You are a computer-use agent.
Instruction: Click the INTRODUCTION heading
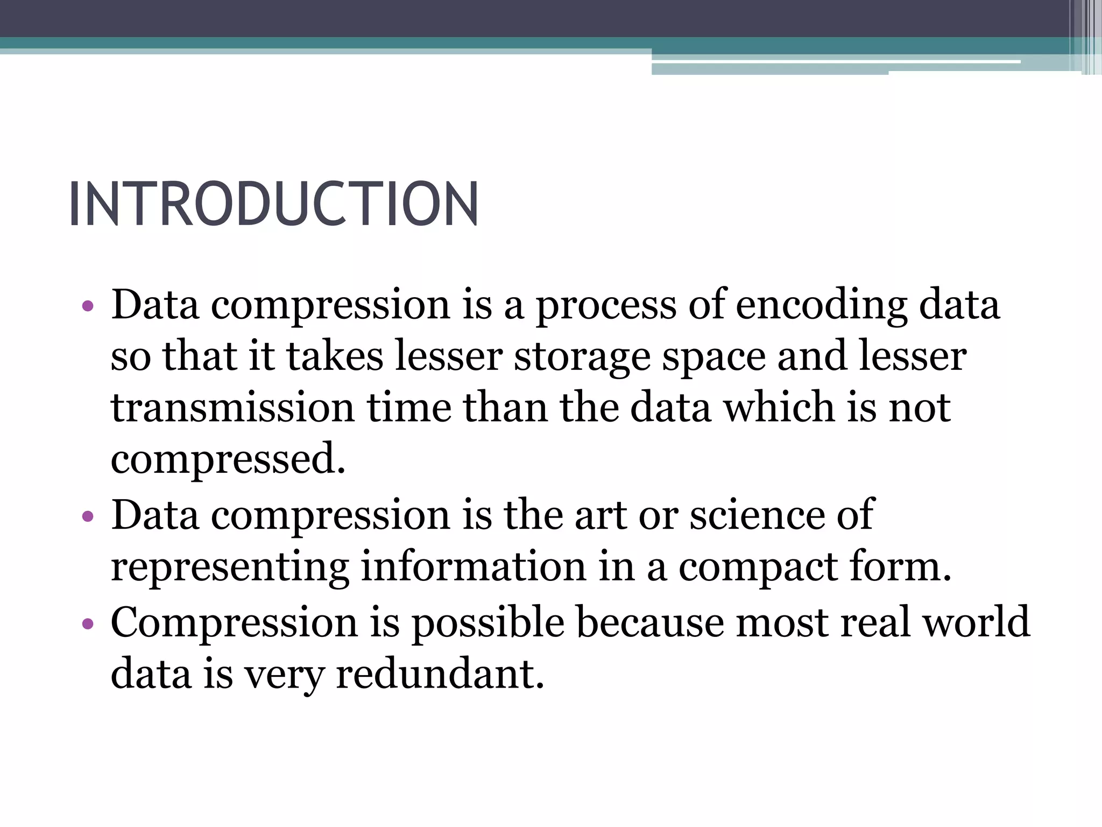(x=273, y=205)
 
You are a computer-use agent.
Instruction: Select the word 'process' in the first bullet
(x=606, y=306)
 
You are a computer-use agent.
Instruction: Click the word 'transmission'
(x=232, y=407)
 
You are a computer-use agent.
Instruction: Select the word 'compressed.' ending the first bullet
(x=228, y=459)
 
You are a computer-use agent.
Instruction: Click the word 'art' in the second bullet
(x=601, y=515)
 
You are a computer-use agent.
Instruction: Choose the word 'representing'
(x=229, y=567)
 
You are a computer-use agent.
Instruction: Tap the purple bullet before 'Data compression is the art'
(x=88, y=517)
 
